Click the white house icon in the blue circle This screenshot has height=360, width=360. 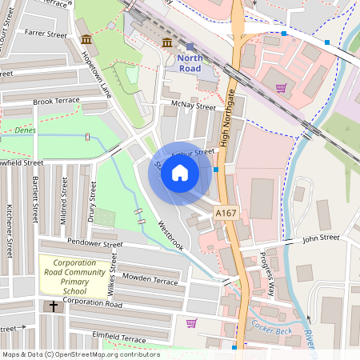pyautogui.click(x=180, y=173)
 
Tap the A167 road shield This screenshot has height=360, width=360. pyautogui.click(x=226, y=214)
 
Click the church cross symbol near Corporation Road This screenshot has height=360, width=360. pyautogui.click(x=54, y=306)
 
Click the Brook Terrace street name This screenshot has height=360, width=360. pyautogui.click(x=57, y=102)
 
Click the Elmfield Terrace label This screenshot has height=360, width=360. pyautogui.click(x=120, y=339)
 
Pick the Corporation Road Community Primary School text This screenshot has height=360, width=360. pyautogui.click(x=75, y=274)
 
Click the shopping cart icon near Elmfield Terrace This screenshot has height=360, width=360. pyautogui.click(x=191, y=323)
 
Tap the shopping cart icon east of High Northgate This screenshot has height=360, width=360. pyautogui.click(x=281, y=88)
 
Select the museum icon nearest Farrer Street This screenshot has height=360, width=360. pyautogui.click(x=86, y=40)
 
